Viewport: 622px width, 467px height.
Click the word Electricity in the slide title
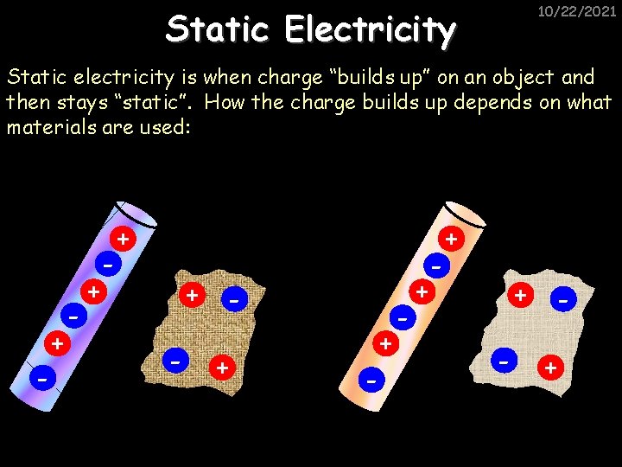click(370, 29)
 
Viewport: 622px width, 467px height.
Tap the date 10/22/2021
click(577, 11)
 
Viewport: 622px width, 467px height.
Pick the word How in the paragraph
click(225, 103)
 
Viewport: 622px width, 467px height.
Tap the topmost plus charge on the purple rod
click(124, 238)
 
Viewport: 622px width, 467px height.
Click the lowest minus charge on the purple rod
click(41, 378)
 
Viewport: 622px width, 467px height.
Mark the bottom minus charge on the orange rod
click(371, 379)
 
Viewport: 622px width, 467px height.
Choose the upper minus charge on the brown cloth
click(233, 300)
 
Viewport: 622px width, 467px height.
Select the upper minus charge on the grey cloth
click(562, 300)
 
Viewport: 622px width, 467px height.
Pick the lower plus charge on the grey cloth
click(549, 368)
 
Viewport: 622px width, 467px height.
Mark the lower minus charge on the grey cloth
click(502, 358)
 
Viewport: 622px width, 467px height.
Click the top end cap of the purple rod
click(135, 212)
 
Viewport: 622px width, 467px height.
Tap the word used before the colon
click(159, 127)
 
